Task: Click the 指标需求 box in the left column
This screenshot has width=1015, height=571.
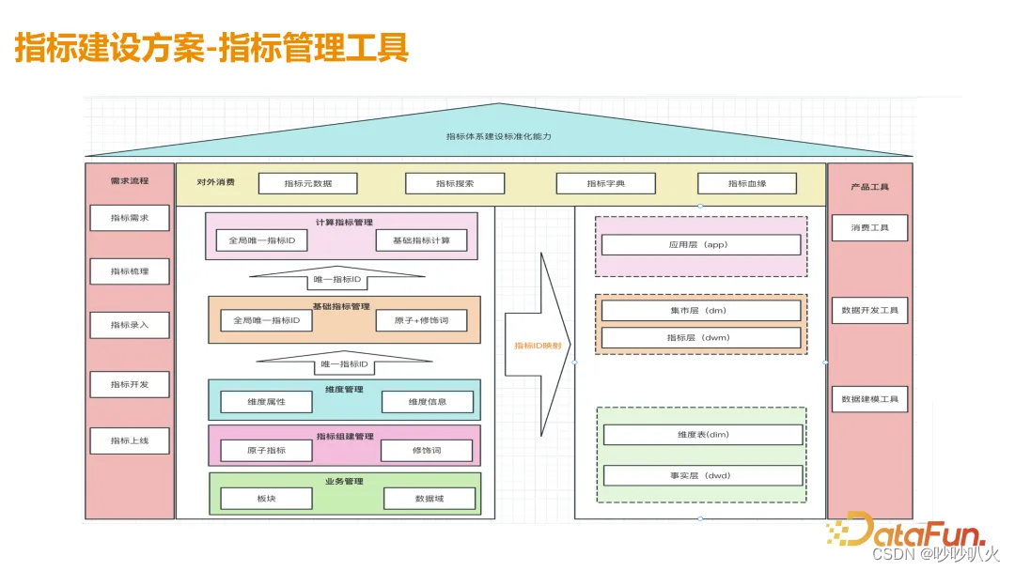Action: (x=130, y=218)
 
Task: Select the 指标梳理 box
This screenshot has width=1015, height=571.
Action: (x=130, y=271)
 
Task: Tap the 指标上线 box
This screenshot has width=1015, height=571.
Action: (x=130, y=440)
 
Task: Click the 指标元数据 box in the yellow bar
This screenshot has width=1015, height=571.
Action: (x=307, y=183)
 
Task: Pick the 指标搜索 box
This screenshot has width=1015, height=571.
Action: (x=455, y=183)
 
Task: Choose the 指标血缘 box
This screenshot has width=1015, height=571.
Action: (x=746, y=183)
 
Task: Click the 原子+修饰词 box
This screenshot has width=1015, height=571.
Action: (x=421, y=320)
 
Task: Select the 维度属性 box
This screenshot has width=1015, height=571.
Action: (x=266, y=401)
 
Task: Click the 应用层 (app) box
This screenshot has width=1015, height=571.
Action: (x=700, y=244)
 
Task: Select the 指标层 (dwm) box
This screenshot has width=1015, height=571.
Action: (x=700, y=337)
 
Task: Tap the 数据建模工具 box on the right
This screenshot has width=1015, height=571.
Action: (x=869, y=399)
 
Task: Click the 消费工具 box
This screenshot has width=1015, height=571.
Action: (x=869, y=227)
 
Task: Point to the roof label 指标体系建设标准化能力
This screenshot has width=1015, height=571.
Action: (x=498, y=136)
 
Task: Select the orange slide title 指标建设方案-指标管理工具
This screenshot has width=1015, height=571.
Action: (x=211, y=48)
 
